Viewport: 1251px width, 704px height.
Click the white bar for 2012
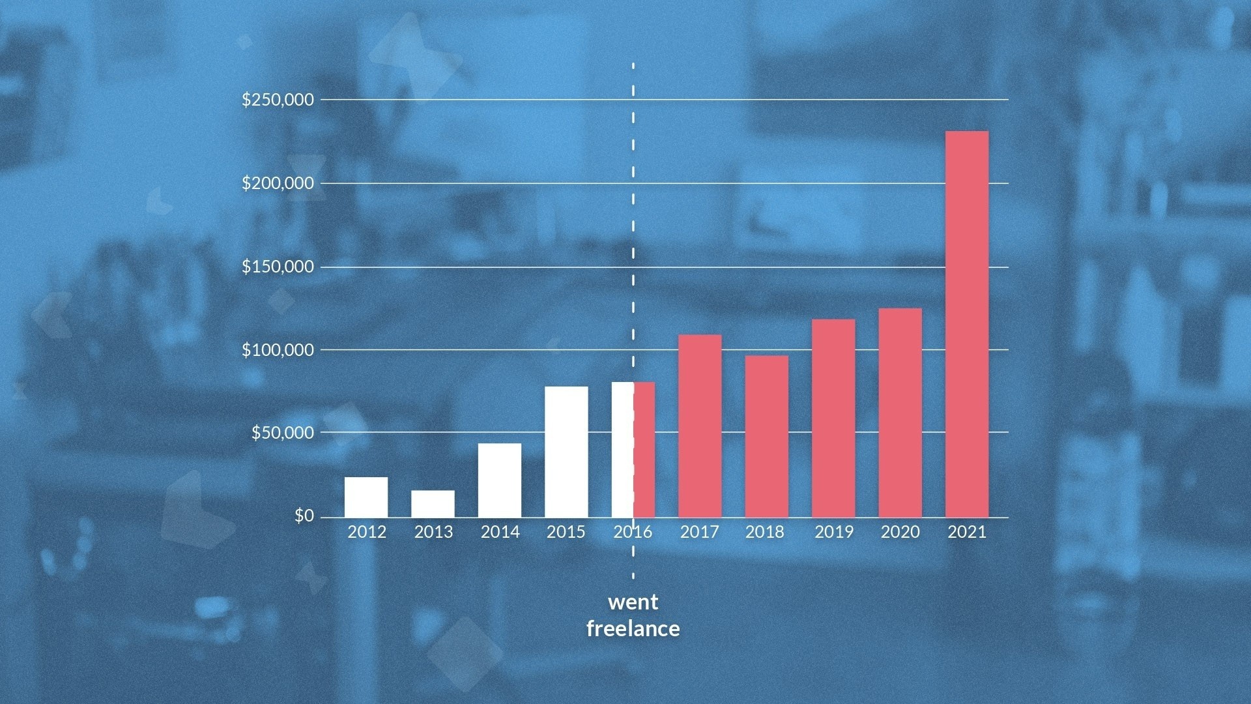[366, 497]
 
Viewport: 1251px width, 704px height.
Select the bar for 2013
[433, 504]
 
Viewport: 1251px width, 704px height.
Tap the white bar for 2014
[500, 480]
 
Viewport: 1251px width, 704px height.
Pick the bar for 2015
[566, 452]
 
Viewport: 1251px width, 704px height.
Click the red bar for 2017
[700, 426]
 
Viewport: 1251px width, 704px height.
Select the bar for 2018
[767, 437]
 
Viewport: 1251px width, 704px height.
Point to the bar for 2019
[833, 418]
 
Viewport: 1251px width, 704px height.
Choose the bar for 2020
[900, 413]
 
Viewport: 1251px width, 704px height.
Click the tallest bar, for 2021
[967, 325]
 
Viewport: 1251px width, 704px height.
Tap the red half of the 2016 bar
[644, 450]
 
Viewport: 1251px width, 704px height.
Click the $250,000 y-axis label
[278, 100]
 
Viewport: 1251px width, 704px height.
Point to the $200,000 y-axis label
[278, 183]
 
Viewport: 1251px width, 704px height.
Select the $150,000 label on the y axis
[278, 267]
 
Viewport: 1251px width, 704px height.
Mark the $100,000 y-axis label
[278, 350]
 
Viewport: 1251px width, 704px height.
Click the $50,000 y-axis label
[283, 433]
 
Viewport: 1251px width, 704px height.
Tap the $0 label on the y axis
[304, 516]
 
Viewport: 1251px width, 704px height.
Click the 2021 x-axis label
[967, 533]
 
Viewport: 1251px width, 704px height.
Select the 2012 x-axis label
[367, 533]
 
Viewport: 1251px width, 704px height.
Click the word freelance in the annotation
[633, 629]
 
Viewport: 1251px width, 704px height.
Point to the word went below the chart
[633, 602]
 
